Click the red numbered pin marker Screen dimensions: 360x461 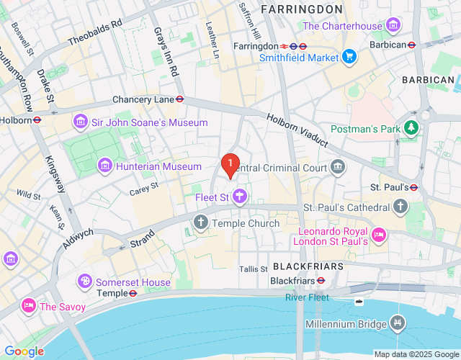click(x=230, y=165)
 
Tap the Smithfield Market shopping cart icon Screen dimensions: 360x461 click(x=349, y=56)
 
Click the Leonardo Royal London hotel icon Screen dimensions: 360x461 click(x=378, y=235)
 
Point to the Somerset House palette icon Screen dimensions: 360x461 click(x=84, y=280)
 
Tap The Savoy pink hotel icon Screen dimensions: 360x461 click(x=29, y=306)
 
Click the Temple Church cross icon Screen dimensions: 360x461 click(x=200, y=223)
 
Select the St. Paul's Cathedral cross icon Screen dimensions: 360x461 click(x=400, y=207)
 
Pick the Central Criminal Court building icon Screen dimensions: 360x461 click(x=337, y=168)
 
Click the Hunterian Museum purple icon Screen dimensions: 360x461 click(x=105, y=166)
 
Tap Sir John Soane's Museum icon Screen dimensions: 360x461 click(x=80, y=122)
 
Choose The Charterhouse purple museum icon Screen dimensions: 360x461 click(x=393, y=27)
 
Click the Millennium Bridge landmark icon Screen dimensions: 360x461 click(x=396, y=324)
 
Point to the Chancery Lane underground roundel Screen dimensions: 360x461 click(x=180, y=99)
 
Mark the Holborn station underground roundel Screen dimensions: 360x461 click(x=37, y=120)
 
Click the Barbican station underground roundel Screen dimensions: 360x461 click(x=411, y=44)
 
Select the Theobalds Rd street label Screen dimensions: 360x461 click(x=95, y=31)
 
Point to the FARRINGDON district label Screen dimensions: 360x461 click(x=301, y=9)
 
